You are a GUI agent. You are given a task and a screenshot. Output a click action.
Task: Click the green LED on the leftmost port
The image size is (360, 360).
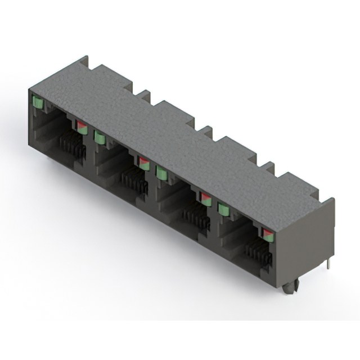coord(38,102)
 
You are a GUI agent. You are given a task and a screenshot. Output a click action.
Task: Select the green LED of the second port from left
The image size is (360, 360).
coord(100,137)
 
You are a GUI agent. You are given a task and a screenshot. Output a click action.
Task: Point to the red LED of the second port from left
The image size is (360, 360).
coord(144,163)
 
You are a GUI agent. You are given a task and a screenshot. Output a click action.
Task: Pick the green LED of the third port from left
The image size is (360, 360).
coord(161,173)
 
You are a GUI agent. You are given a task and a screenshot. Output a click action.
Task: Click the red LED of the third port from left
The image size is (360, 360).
coord(206,198)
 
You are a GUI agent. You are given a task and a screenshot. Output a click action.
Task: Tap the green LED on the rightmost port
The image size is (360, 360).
coord(223,209)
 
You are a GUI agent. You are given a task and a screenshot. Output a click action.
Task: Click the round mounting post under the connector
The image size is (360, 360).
coord(289,288)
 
